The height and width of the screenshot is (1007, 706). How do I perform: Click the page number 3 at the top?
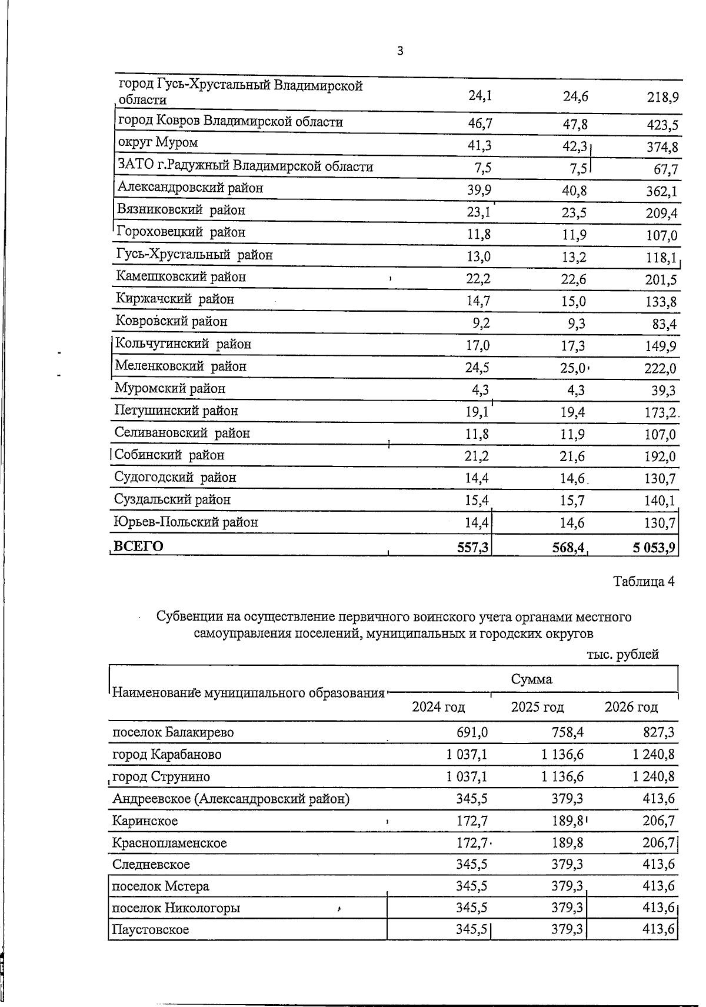(x=400, y=51)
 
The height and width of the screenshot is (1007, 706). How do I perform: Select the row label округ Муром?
(x=158, y=142)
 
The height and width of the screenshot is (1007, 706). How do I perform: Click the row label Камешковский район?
(x=181, y=276)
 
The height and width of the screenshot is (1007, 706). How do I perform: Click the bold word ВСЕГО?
(x=138, y=546)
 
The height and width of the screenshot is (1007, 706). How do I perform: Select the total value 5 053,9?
(x=654, y=548)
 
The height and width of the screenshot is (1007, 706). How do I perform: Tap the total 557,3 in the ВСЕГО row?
(x=474, y=548)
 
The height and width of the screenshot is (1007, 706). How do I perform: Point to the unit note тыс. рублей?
(x=622, y=654)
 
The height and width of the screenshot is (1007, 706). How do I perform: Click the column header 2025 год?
(x=537, y=706)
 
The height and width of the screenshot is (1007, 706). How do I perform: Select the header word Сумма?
(x=531, y=679)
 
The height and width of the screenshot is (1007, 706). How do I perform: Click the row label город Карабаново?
(x=167, y=754)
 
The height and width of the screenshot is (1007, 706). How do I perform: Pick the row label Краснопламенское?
(x=169, y=843)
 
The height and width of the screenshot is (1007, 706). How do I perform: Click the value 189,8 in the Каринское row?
(x=567, y=821)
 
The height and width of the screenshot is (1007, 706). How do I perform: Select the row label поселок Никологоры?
(x=176, y=908)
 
